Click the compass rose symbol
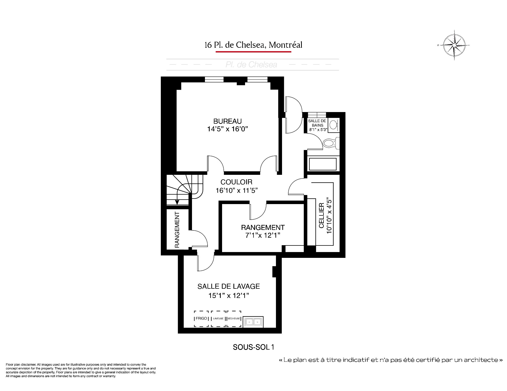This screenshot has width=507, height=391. point(454,45)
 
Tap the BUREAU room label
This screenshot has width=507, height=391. point(227,121)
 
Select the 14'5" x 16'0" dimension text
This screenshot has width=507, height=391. point(227,129)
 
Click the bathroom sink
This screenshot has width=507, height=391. point(334,125)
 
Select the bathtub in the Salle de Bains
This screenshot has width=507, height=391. point(322,164)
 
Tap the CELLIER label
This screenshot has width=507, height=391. point(321,215)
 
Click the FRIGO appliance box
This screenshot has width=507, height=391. point(201,318)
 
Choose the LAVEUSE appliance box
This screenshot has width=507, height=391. point(218,318)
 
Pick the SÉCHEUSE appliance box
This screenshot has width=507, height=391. point(234,318)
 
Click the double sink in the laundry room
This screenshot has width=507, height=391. point(253,322)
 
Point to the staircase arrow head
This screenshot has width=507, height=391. point(177,202)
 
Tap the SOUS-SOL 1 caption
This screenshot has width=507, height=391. point(253,347)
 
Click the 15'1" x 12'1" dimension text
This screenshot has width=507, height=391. point(229,296)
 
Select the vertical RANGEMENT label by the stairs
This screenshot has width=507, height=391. point(177,230)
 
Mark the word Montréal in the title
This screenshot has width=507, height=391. point(285,45)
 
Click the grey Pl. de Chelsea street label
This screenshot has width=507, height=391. point(251,65)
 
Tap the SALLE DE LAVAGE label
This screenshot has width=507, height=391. point(229,286)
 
